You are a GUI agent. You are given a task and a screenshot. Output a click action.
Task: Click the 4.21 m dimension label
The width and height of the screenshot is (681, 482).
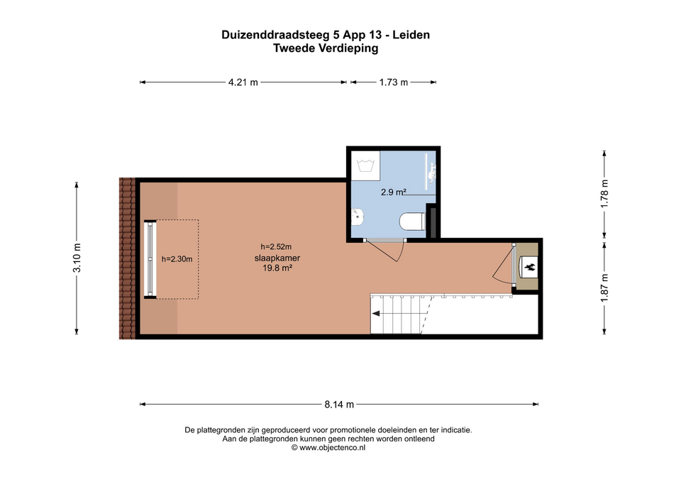tap(243, 82)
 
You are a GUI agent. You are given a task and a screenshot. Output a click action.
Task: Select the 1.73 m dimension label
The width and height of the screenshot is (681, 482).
tap(394, 82)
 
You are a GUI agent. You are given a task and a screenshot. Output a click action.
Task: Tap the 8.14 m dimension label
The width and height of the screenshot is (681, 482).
tap(339, 405)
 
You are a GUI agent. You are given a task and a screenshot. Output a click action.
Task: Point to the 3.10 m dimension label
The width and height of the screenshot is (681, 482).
tap(77, 258)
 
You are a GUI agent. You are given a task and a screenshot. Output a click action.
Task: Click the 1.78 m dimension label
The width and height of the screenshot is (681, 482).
tap(604, 193)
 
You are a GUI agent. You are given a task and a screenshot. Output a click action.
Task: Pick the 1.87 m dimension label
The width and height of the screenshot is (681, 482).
tap(604, 287)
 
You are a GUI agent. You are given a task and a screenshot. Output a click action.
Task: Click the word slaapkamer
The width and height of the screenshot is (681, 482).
tap(277, 258)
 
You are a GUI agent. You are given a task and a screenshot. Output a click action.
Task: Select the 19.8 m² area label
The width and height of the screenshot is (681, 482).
tap(277, 268)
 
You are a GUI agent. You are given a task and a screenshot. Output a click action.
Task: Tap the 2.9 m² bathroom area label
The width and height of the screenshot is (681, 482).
tap(394, 192)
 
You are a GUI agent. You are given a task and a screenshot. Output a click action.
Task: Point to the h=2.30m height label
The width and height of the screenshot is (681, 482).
tap(177, 259)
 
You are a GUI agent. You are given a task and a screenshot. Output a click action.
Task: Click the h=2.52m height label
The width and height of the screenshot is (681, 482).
tap(276, 247)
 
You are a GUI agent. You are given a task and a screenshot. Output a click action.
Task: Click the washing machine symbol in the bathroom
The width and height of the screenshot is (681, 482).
tap(366, 166)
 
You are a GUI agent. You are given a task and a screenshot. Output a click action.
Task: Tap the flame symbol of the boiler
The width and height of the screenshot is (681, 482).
tap(529, 268)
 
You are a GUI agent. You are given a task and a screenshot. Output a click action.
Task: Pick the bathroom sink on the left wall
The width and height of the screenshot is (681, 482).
tap(358, 217)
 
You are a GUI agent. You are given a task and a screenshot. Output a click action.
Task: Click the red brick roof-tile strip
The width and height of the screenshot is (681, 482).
tap(127, 258)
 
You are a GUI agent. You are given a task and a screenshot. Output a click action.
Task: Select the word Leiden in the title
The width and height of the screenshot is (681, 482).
tap(411, 35)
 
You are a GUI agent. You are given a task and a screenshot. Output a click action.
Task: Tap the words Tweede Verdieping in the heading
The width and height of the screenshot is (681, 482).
tap(326, 48)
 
